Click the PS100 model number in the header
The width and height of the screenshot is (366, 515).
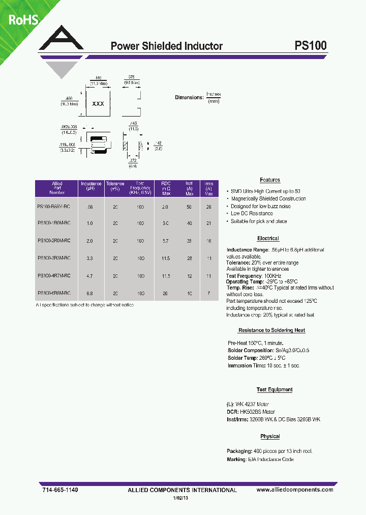(x=311, y=46)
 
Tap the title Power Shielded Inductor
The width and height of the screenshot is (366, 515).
(x=167, y=46)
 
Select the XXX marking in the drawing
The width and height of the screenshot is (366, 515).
(x=98, y=104)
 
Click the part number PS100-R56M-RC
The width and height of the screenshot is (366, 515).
(x=54, y=207)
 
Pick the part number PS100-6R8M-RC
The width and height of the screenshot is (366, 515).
(x=54, y=293)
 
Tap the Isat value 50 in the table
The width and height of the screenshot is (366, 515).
(x=189, y=207)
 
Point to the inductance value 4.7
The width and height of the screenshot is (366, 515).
(x=90, y=276)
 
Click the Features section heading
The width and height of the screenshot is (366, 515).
(x=270, y=180)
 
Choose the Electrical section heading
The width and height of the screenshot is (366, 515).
(x=268, y=239)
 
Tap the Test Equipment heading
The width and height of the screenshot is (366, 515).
(x=274, y=390)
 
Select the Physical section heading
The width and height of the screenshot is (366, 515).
(x=270, y=437)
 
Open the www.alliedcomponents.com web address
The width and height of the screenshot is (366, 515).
(x=295, y=490)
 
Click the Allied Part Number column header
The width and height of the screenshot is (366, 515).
(x=56, y=188)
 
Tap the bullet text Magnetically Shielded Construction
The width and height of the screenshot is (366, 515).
(x=268, y=199)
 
